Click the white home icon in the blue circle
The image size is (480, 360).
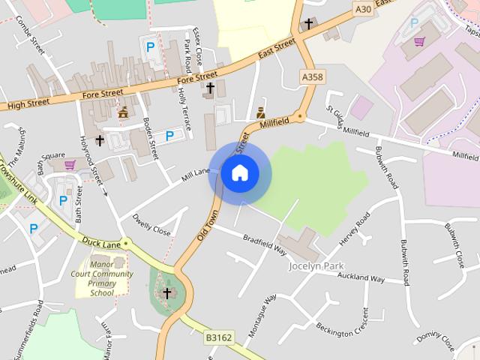tap(239, 173)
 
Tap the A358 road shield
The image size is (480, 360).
tap(313, 76)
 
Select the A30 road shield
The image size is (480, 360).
tap(363, 9)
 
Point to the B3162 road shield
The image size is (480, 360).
tap(219, 338)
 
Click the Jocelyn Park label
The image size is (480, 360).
tap(316, 265)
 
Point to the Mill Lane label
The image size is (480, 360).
tap(195, 174)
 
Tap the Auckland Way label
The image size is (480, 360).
tap(360, 278)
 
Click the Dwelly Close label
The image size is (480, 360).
tap(151, 225)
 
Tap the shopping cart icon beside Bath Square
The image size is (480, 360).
tap(70, 164)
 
